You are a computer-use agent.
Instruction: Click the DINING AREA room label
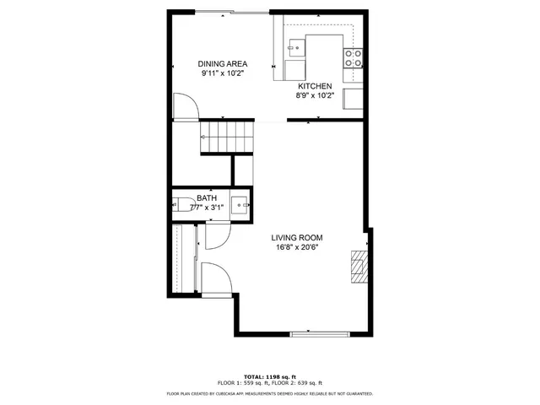223,64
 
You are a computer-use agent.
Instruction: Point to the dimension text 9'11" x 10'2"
223,74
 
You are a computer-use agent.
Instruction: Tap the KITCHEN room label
315,86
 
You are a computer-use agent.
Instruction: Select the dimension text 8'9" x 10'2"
315,96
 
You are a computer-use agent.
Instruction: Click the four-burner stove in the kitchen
353,57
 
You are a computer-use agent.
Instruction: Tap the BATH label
207,198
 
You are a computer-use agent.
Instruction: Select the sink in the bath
240,203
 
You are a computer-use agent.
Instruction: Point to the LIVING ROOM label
296,238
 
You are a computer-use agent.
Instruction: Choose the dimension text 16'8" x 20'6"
296,248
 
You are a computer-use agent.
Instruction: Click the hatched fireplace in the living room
360,265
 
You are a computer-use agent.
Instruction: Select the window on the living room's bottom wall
320,333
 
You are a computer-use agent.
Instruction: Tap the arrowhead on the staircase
203,136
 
